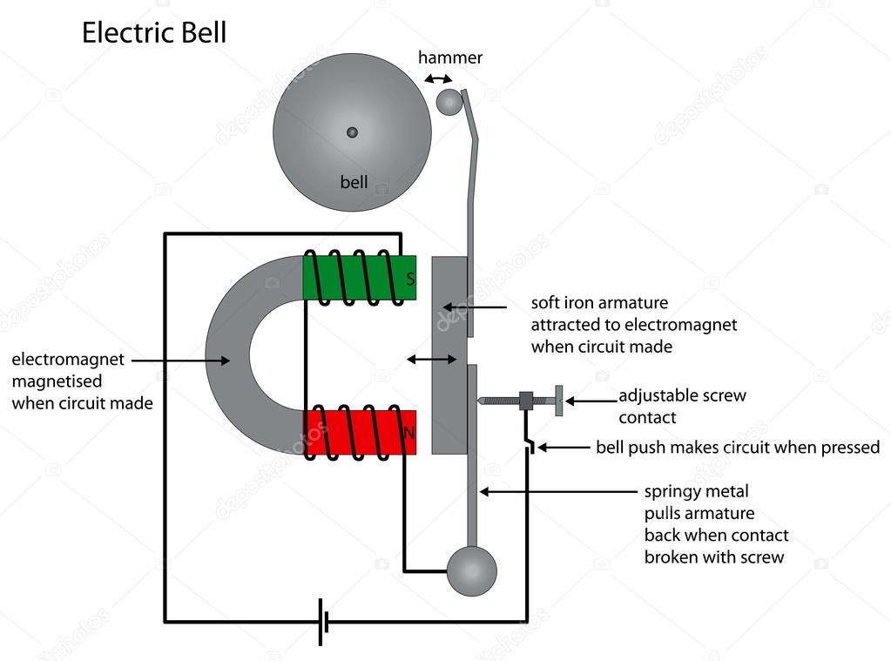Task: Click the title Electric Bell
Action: pyautogui.click(x=154, y=32)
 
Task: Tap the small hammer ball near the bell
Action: pyautogui.click(x=449, y=102)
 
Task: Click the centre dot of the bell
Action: pyautogui.click(x=352, y=132)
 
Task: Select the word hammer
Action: pyautogui.click(x=449, y=58)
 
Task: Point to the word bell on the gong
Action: pyautogui.click(x=354, y=183)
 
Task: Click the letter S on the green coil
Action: pyautogui.click(x=410, y=280)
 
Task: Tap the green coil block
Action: pyautogui.click(x=359, y=279)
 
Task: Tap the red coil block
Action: pyautogui.click(x=359, y=431)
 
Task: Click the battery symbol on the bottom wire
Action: pyautogui.click(x=323, y=622)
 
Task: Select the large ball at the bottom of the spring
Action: pyautogui.click(x=471, y=571)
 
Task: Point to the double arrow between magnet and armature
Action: pyautogui.click(x=432, y=359)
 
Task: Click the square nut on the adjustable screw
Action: pyautogui.click(x=526, y=401)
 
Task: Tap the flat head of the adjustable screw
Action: pyautogui.click(x=558, y=401)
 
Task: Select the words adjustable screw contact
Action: pyautogui.click(x=682, y=406)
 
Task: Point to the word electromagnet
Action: pyautogui.click(x=68, y=359)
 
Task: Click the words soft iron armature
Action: pyautogui.click(x=599, y=303)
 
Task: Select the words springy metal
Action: pyautogui.click(x=696, y=492)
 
